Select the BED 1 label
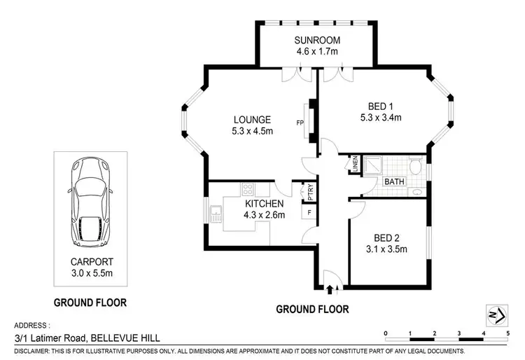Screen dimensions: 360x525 pyautogui.click(x=380, y=111)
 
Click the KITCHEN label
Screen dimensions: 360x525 pyautogui.click(x=265, y=204)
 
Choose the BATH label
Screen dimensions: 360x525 pyautogui.click(x=395, y=181)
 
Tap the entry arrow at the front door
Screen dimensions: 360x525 pyautogui.click(x=332, y=287)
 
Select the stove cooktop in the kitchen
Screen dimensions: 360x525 pyautogui.click(x=247, y=189)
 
